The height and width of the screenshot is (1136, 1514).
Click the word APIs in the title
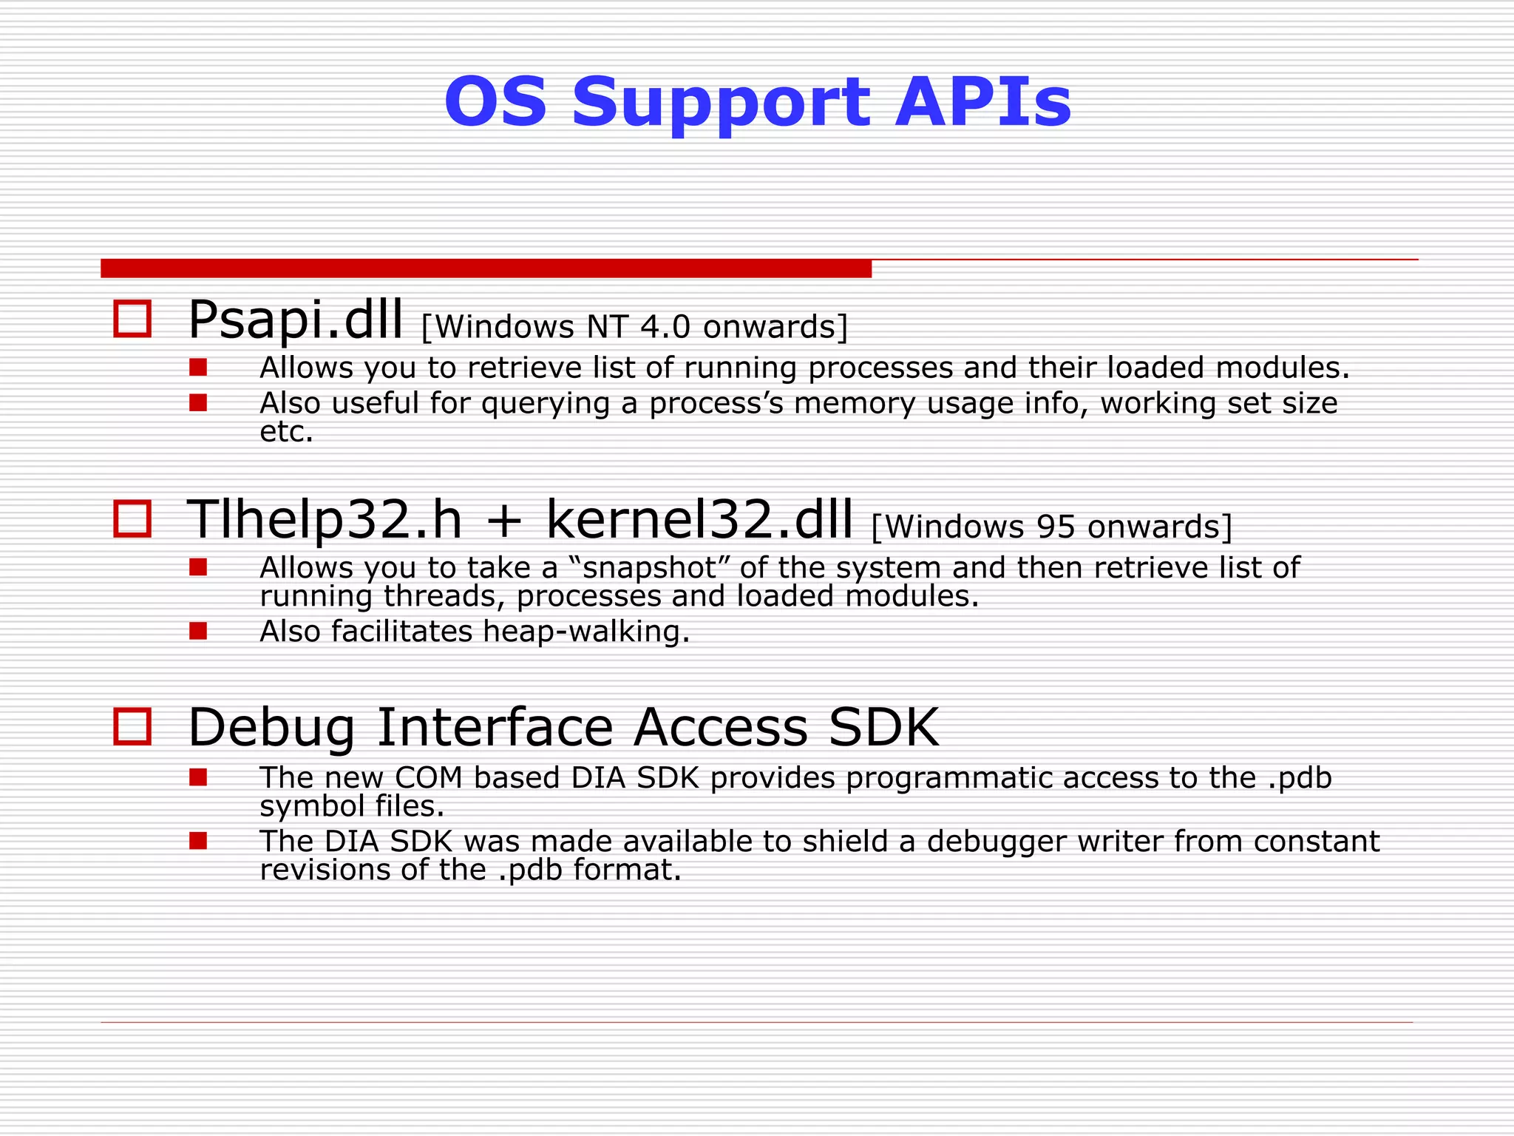(x=982, y=102)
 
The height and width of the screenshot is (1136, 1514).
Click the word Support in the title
(x=722, y=104)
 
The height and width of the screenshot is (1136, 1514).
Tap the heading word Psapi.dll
(x=296, y=321)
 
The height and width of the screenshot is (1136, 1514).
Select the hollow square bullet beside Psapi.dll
(x=132, y=319)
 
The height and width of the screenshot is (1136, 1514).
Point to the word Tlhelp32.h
(x=325, y=519)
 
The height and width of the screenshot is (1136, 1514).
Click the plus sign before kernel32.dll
(x=505, y=521)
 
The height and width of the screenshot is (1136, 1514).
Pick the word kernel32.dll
(x=699, y=519)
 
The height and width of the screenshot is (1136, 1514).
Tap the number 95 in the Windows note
(x=1056, y=527)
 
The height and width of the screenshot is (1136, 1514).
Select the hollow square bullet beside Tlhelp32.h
(x=132, y=518)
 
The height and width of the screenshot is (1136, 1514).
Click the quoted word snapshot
(x=651, y=568)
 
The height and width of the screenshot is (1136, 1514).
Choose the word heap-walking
(x=586, y=632)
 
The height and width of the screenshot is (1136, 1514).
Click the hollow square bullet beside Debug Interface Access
(x=132, y=726)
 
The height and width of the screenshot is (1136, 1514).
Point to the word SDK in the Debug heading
(x=883, y=728)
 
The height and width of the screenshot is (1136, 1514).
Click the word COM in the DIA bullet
(x=428, y=778)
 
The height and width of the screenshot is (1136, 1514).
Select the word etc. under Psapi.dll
(x=287, y=432)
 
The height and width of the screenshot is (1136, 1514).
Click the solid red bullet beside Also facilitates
(x=197, y=631)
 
